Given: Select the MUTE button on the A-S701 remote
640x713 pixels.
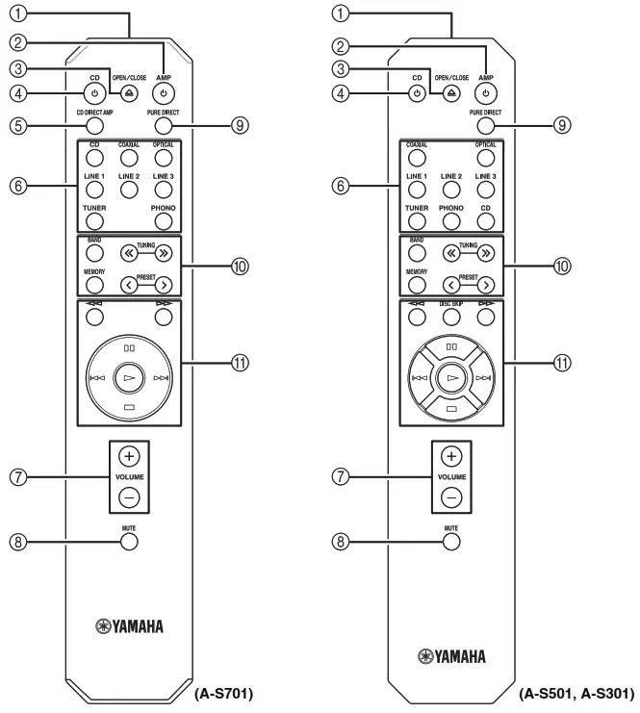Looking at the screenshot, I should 129,542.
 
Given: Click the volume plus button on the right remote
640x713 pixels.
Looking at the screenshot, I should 452,456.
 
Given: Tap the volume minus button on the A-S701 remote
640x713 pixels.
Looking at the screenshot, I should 129,497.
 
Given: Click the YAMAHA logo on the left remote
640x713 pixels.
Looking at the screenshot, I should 129,626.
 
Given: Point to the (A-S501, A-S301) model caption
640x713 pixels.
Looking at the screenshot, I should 576,693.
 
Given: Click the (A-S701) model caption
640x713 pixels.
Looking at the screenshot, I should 224,693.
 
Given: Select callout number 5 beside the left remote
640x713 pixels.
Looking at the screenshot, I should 16,125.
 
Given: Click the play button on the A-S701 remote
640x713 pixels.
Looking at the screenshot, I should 129,379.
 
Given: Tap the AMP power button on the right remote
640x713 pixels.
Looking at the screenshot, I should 487,93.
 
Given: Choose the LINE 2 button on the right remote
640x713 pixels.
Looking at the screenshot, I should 451,190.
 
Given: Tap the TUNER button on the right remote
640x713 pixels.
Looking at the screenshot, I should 417,220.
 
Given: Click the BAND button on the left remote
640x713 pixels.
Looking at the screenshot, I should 94,254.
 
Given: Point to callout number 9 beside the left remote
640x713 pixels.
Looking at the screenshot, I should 240,125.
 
